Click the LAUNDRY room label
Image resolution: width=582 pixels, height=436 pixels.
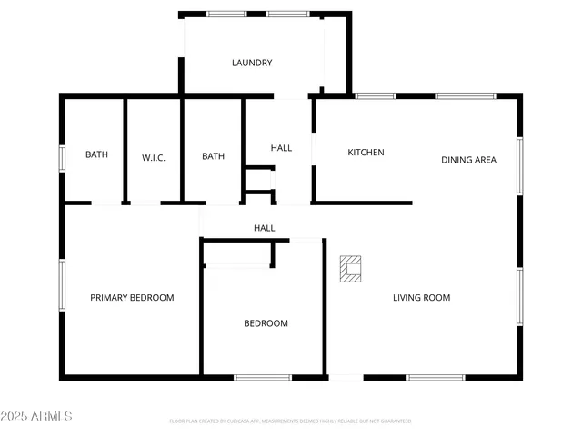pyautogui.click(x=252, y=63)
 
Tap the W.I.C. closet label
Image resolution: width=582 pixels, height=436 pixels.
pyautogui.click(x=154, y=156)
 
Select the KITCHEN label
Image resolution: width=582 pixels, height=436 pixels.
pyautogui.click(x=366, y=153)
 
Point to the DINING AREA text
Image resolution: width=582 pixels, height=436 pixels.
pyautogui.click(x=468, y=160)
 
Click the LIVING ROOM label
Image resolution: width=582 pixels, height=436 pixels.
pyautogui.click(x=421, y=298)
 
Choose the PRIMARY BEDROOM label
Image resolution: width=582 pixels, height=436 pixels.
pyautogui.click(x=132, y=298)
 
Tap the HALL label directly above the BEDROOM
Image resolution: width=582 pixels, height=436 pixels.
pyautogui.click(x=264, y=228)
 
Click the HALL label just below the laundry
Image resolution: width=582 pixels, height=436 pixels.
pyautogui.click(x=281, y=148)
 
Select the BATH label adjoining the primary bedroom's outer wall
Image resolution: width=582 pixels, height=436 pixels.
pyautogui.click(x=96, y=154)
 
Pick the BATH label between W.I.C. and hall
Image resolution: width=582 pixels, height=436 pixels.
pyautogui.click(x=213, y=156)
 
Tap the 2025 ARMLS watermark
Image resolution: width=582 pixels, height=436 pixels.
pyautogui.click(x=37, y=416)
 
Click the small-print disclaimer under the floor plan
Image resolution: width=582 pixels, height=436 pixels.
pyautogui.click(x=290, y=421)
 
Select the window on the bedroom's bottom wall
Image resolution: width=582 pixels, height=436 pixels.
pyautogui.click(x=263, y=377)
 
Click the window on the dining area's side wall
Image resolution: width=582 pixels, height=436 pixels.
pyautogui.click(x=519, y=164)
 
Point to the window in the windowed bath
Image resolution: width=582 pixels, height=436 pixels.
pyautogui.click(x=62, y=158)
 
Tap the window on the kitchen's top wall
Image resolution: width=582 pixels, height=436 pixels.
pyautogui.click(x=375, y=95)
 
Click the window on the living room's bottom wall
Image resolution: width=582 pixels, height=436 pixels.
pyautogui.click(x=435, y=377)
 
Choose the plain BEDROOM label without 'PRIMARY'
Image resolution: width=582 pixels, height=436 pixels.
pyautogui.click(x=266, y=323)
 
